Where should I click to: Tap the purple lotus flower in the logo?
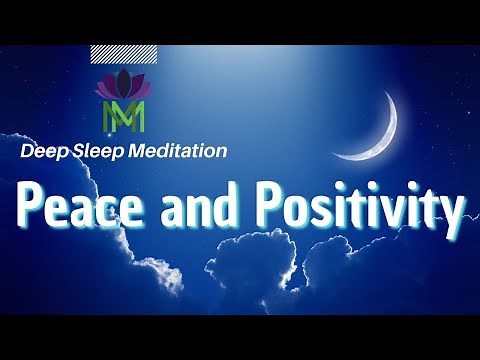(x=123, y=87)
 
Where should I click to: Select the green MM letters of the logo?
(x=124, y=116)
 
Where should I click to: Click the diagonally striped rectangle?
(x=123, y=54)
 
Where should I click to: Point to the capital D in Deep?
(x=26, y=151)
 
